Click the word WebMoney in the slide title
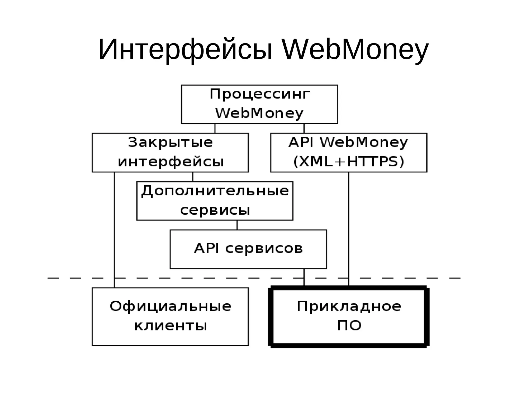tap(355, 50)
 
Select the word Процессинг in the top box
tap(260, 94)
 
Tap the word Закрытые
tap(170, 143)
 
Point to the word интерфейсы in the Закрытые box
tap(171, 162)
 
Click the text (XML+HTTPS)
tap(349, 162)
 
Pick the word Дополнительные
tap(215, 191)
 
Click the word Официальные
tap(170, 306)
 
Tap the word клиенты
tap(171, 326)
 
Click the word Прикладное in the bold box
tap(349, 306)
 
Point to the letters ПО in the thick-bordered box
tap(349, 326)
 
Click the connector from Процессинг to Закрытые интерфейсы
tap(215, 128)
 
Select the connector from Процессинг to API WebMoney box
tap(304, 128)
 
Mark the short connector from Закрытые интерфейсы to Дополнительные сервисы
tap(192, 177)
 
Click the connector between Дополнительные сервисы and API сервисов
tap(237, 225)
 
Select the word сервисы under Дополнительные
tap(215, 210)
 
